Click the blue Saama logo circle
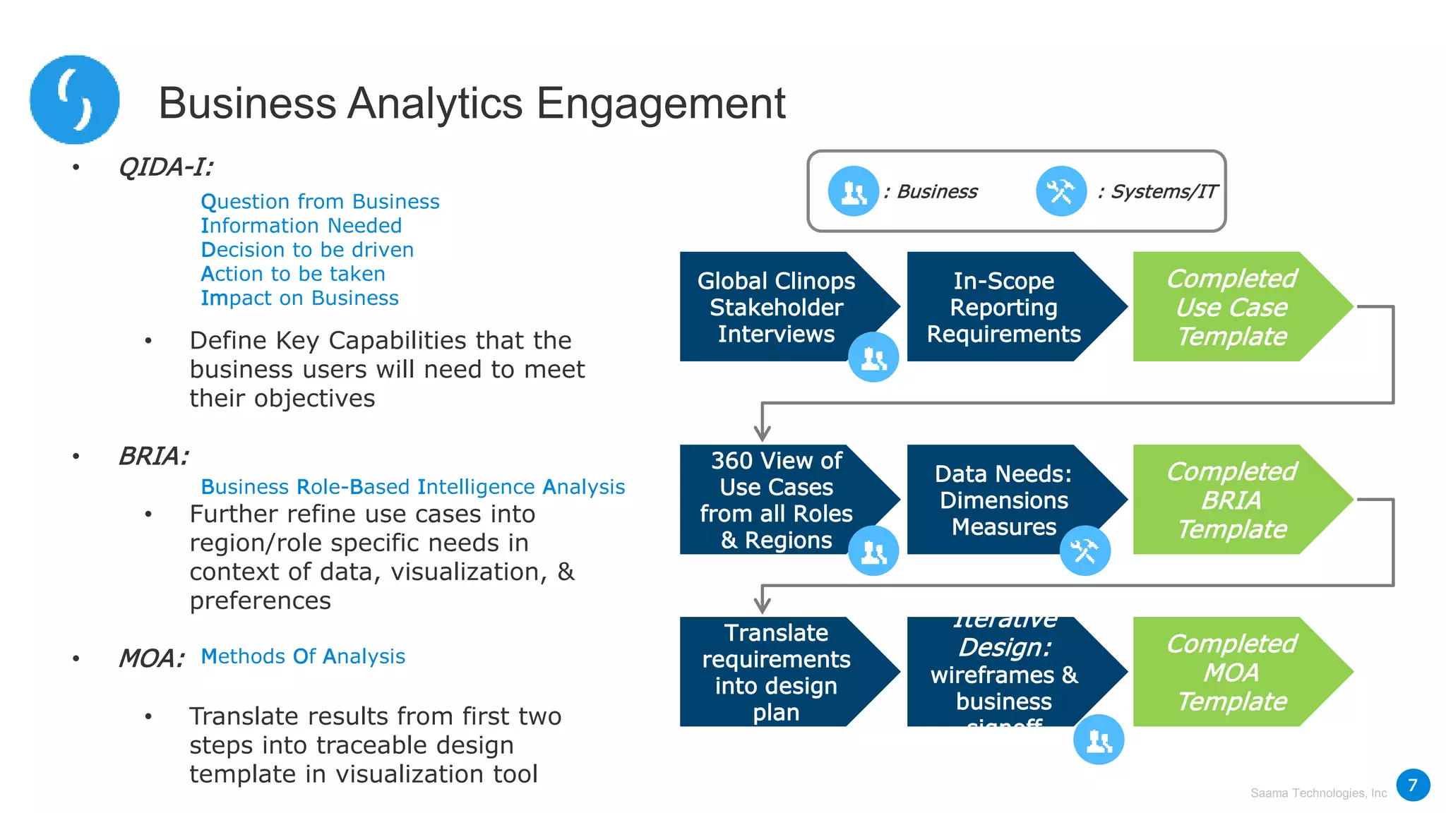(x=74, y=100)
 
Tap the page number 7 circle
(x=1413, y=785)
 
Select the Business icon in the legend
(x=853, y=191)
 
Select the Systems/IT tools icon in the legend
(x=1060, y=191)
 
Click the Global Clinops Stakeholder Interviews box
(x=776, y=307)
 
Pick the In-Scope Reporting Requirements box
(x=1003, y=307)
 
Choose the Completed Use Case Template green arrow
(x=1231, y=307)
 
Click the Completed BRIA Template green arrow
(x=1231, y=500)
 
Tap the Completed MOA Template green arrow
(x=1231, y=672)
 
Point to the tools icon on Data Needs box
(x=1084, y=550)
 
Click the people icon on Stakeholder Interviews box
(x=873, y=358)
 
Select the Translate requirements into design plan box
(x=776, y=672)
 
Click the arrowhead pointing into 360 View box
(x=762, y=432)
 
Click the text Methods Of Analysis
(x=303, y=656)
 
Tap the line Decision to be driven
(x=307, y=250)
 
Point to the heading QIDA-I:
(x=166, y=167)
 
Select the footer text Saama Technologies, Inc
(x=1318, y=793)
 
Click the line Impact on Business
(x=299, y=298)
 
